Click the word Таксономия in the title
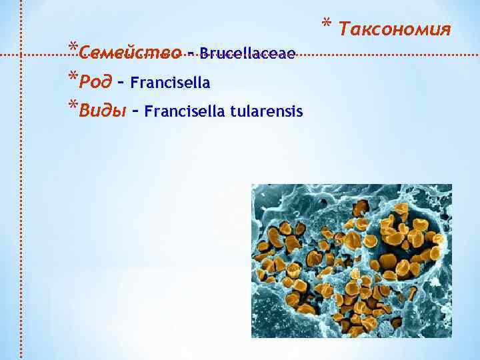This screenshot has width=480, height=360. [x=395, y=29]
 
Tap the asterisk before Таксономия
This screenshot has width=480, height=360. [x=327, y=25]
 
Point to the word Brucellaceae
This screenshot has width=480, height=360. [x=247, y=53]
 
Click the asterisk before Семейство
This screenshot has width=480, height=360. [x=72, y=48]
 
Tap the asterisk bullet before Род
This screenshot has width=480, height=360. [x=72, y=77]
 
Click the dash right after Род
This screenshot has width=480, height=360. [x=121, y=83]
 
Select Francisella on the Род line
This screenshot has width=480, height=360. [x=171, y=83]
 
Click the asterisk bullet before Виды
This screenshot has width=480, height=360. [x=72, y=105]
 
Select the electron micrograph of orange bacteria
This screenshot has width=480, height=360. [x=351, y=261]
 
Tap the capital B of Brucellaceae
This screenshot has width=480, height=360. [x=203, y=53]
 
